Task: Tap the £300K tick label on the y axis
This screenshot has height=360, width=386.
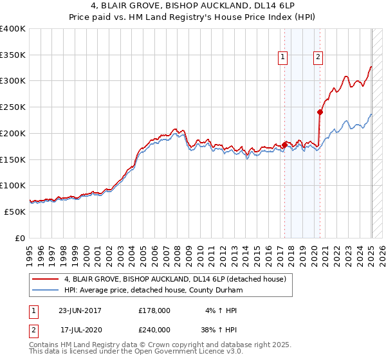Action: (13, 81)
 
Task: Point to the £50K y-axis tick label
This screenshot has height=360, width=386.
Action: (15, 211)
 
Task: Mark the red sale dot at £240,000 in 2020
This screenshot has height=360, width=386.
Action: (320, 112)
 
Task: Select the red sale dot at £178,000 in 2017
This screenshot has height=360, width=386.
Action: (284, 145)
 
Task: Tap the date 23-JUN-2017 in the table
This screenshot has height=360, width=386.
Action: (80, 310)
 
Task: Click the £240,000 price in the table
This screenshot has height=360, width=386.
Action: (154, 329)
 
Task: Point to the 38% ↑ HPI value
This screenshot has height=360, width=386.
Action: (217, 329)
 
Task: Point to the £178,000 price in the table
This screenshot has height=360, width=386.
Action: (154, 310)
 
